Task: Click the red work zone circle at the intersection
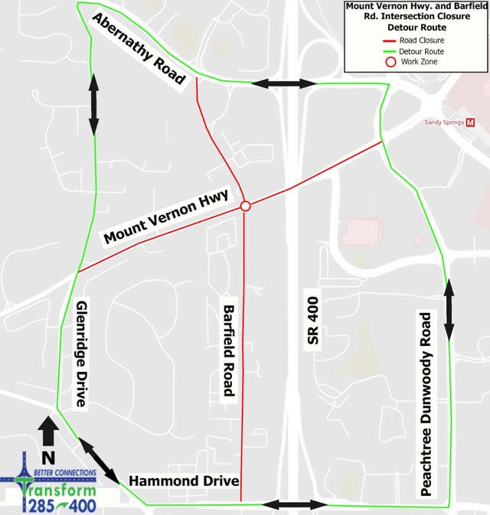coord(245,206)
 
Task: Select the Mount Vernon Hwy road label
coord(166,218)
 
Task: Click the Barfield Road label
coord(227,351)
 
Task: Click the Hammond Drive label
coord(184,481)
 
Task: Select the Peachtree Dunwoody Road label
coord(426,405)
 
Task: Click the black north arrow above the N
coord(47,431)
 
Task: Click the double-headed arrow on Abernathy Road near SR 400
coord(284,83)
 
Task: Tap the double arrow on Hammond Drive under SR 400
coord(295,504)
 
